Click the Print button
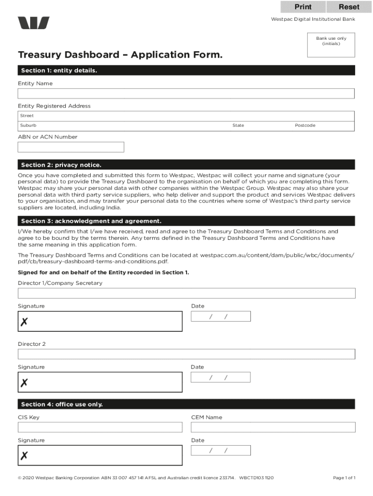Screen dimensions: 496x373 (x=303, y=7)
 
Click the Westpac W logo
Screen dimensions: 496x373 (x=34, y=23)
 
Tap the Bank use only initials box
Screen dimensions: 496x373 (x=331, y=47)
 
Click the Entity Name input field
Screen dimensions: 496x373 (x=186, y=93)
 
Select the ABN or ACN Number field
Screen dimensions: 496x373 (x=71, y=147)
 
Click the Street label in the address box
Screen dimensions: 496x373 (x=27, y=116)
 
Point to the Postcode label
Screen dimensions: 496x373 (x=305, y=125)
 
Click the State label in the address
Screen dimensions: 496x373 (x=238, y=125)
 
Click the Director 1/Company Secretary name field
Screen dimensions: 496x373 (x=186, y=293)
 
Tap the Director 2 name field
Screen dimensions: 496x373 (x=186, y=354)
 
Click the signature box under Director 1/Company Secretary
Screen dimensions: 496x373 (x=100, y=322)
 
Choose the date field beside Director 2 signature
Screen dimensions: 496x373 (x=221, y=377)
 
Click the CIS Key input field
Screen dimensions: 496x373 (x=100, y=427)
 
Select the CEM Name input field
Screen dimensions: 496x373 (x=273, y=427)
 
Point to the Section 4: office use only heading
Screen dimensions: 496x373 (x=62, y=404)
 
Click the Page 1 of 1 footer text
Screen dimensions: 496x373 (x=344, y=478)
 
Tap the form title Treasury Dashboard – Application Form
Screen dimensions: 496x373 (x=121, y=55)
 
